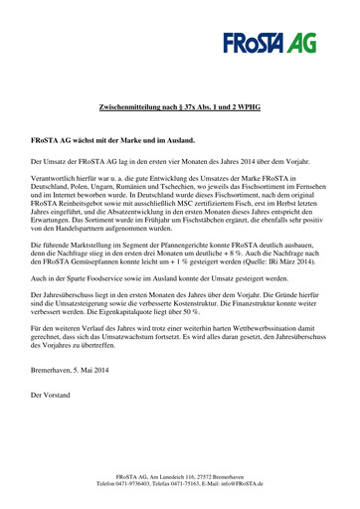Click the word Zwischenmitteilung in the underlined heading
point(134,104)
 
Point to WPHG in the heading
point(245,104)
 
